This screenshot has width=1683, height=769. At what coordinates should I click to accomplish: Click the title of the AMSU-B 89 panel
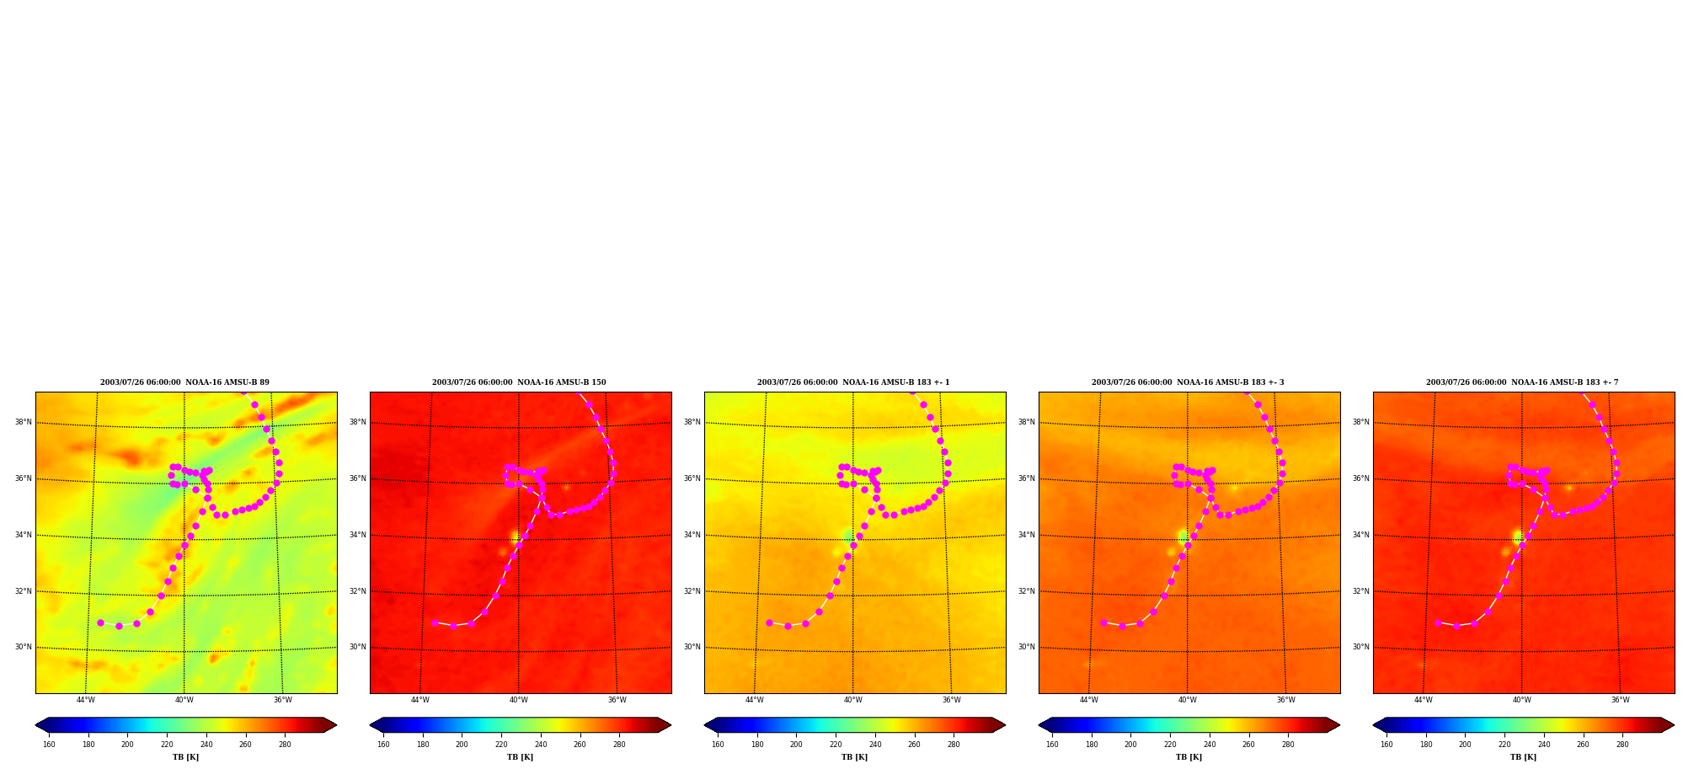(184, 382)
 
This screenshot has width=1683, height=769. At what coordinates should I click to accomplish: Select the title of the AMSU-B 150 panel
(519, 382)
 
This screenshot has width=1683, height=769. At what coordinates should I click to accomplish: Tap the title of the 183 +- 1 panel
(853, 382)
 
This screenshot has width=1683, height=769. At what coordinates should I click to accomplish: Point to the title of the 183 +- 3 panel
(1188, 382)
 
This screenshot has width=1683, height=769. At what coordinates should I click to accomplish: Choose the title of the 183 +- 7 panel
(1522, 382)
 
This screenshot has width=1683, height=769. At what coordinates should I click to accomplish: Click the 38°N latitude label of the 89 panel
(23, 422)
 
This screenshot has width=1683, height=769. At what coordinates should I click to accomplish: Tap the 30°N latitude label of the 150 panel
(357, 647)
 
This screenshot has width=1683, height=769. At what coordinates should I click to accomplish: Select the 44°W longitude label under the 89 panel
(86, 700)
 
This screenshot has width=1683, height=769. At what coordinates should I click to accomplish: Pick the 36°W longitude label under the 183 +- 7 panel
(1621, 700)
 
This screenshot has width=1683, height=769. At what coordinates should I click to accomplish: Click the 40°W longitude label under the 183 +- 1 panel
(853, 700)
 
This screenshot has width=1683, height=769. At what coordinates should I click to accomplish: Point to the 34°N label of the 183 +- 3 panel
(1026, 535)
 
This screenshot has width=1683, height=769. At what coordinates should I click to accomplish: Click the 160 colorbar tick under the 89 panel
(49, 745)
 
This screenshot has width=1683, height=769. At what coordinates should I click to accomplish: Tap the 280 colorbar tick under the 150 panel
(619, 745)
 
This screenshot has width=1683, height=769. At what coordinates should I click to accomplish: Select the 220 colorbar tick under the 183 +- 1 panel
(836, 745)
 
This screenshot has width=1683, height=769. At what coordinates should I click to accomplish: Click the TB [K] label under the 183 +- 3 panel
(1189, 757)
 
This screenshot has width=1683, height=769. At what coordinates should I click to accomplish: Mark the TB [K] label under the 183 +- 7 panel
(1524, 757)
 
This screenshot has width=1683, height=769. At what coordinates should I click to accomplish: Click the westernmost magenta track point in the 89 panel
(100, 622)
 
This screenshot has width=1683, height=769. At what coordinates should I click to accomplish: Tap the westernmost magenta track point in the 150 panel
(435, 622)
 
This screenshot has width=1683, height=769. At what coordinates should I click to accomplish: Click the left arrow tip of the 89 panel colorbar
(35, 725)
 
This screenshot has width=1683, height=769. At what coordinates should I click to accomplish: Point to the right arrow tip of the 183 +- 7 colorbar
(1675, 725)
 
